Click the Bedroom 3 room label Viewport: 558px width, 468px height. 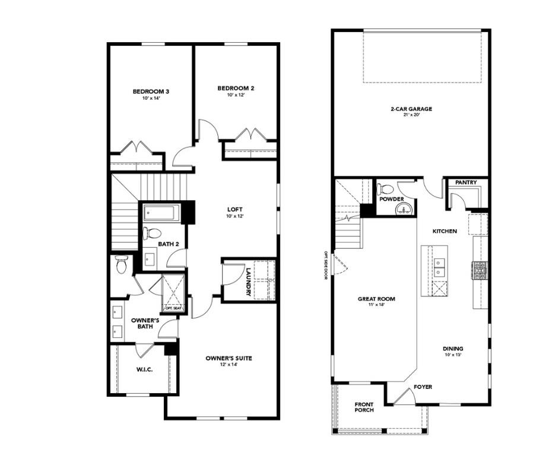[151, 91]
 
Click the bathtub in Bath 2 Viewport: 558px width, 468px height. [161, 212]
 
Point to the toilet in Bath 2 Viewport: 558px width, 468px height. [150, 233]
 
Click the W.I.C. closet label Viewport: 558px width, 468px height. [144, 369]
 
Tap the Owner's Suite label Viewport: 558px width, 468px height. [229, 358]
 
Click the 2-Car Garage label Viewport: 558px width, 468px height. [411, 109]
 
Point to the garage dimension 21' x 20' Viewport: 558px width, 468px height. [411, 115]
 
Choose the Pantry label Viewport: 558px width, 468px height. [466, 182]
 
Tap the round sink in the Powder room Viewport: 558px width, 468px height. [405, 208]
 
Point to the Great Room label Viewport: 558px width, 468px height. [376, 299]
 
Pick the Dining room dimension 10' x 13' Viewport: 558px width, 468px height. [452, 355]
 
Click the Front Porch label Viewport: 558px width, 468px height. [364, 407]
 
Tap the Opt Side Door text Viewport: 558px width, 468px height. [325, 265]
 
